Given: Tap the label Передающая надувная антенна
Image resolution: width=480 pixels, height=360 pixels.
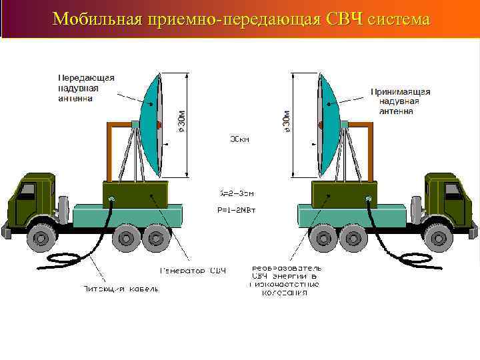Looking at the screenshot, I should (x=85, y=87).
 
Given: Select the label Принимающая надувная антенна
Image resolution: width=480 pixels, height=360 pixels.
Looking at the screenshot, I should (x=400, y=101).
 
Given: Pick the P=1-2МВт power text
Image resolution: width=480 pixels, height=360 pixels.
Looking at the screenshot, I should (x=237, y=208).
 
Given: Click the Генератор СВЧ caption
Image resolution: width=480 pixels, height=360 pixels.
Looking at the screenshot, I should (x=192, y=271).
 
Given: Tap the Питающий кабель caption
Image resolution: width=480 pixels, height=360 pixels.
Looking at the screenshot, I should (x=121, y=289).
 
